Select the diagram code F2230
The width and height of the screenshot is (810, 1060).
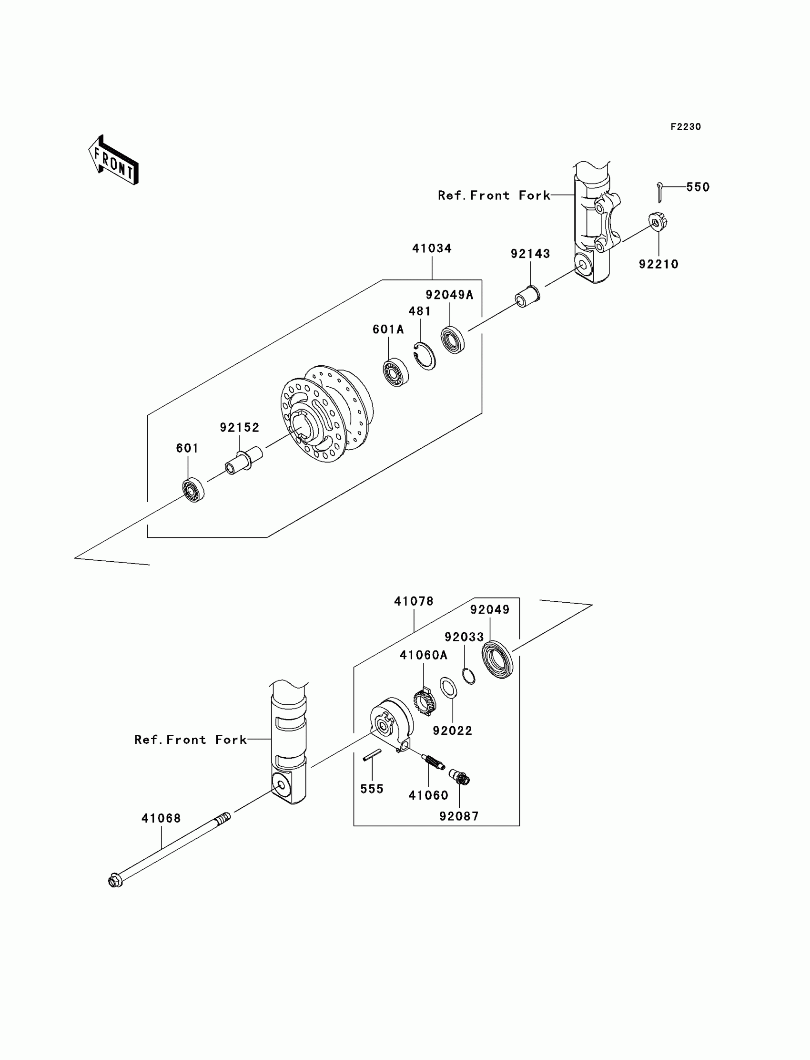pos(685,127)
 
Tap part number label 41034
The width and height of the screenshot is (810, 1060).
pos(432,248)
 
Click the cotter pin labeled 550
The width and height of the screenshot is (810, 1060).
pos(660,192)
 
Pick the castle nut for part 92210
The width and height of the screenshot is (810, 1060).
pos(658,222)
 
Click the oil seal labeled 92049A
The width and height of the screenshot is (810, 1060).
pos(453,340)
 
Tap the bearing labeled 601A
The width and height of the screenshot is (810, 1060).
pos(396,373)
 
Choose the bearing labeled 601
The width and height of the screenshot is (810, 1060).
pos(193,490)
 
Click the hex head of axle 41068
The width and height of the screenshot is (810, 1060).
pos(115,882)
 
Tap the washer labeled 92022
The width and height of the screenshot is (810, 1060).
pos(448,688)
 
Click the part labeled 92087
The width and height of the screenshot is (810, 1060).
pos(459,777)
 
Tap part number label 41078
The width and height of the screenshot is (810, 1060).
pos(414,601)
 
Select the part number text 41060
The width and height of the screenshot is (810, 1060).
pos(428,796)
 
